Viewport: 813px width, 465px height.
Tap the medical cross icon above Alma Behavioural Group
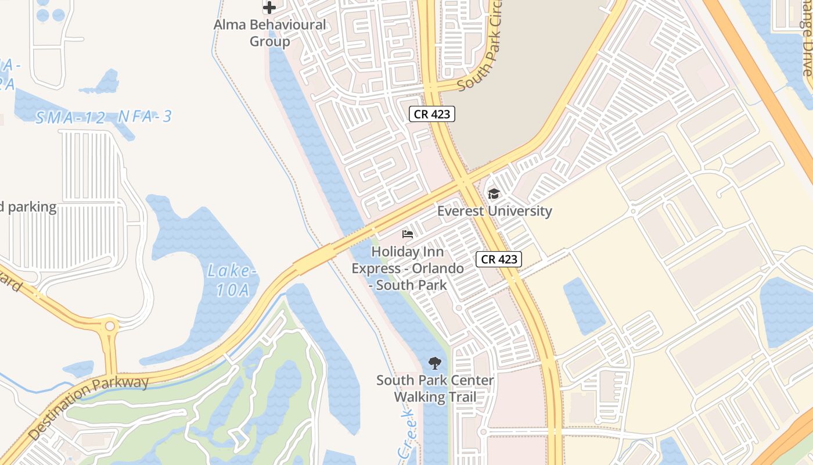coord(269,8)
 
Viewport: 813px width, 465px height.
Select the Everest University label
coord(494,210)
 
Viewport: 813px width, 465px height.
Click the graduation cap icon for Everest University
coord(494,194)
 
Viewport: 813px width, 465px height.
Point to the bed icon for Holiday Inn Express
coord(408,234)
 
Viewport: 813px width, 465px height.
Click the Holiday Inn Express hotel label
coord(408,268)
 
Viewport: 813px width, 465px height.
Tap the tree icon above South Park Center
coord(434,364)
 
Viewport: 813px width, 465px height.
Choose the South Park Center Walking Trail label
coord(435,389)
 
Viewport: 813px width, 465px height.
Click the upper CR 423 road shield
coord(431,114)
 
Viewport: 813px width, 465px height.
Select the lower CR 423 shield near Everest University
coord(499,259)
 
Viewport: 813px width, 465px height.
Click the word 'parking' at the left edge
coord(33,207)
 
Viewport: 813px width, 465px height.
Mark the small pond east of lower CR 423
coord(583,305)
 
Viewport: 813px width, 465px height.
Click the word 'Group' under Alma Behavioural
coord(269,42)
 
